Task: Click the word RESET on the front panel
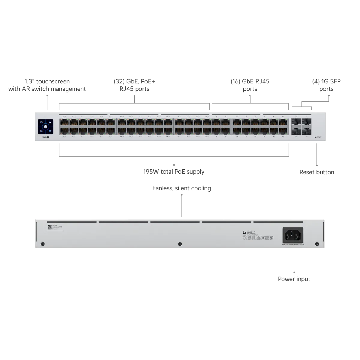coord(319,137)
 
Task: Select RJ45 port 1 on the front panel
coord(64,122)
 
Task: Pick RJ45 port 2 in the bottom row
coord(64,130)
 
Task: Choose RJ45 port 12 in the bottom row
coord(110,130)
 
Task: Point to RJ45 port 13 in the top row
coord(122,122)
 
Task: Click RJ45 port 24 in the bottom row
coord(168,130)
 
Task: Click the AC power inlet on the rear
coord(293,235)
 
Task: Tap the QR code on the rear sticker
coord(50,227)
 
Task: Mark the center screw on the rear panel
coord(180,244)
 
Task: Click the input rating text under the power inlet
coord(293,245)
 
